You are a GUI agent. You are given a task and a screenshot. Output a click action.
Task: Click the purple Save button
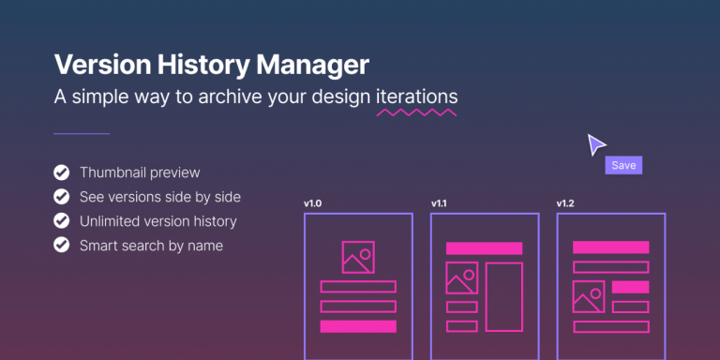[623, 166]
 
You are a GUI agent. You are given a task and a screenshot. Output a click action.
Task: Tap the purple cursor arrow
[595, 145]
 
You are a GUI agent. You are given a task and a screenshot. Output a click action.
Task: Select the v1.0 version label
[313, 203]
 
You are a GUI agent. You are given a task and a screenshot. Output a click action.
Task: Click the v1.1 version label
[440, 203]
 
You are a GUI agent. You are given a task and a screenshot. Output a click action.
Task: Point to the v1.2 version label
[566, 203]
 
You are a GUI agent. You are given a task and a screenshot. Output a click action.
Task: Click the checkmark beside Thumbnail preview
[62, 172]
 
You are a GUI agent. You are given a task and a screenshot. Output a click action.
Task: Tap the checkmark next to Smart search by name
[62, 246]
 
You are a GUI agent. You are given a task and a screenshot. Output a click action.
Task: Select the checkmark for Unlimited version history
[62, 221]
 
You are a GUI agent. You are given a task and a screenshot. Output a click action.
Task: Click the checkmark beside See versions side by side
[62, 197]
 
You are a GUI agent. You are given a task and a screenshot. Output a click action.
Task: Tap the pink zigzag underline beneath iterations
[416, 113]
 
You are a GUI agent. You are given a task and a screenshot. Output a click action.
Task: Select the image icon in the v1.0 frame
[358, 257]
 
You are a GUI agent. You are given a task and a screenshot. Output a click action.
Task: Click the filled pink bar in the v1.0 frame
[358, 326]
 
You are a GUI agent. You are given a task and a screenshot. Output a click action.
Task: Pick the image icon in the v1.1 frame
[462, 278]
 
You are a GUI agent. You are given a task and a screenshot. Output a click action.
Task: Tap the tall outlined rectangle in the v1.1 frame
[503, 297]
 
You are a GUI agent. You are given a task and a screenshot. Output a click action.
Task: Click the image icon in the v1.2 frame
[589, 296]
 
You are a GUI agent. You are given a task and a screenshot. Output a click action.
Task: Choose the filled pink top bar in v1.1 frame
[484, 248]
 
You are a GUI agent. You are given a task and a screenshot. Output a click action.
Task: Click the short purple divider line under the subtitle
[82, 134]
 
